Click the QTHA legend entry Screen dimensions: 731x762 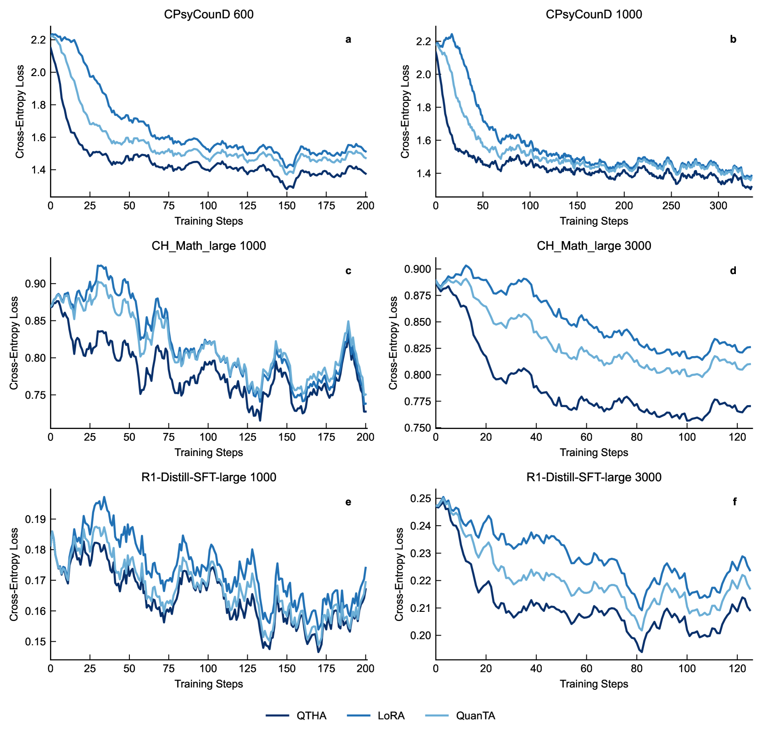[x=311, y=716]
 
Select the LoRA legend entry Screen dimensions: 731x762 [x=391, y=716]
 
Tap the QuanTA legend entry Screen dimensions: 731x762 [x=475, y=716]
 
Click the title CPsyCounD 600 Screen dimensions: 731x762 [x=209, y=14]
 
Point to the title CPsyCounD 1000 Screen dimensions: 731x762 [x=594, y=14]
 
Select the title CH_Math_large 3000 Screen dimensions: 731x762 [x=594, y=246]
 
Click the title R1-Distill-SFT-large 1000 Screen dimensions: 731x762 [x=209, y=477]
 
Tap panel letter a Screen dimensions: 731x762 [x=348, y=40]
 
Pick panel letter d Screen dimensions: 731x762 [x=733, y=271]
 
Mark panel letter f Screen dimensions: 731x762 [x=734, y=502]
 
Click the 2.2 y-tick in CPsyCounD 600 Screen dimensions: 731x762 [x=38, y=40]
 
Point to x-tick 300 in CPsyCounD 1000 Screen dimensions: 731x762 [x=718, y=206]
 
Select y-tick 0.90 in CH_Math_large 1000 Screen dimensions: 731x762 [x=35, y=284]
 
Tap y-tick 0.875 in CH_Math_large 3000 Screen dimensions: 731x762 [x=417, y=296]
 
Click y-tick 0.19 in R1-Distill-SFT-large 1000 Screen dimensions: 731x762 [x=35, y=519]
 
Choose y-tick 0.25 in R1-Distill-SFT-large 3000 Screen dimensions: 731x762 [x=421, y=499]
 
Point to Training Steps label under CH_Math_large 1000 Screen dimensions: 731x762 [x=209, y=452]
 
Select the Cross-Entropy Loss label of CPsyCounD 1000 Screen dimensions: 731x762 [x=405, y=111]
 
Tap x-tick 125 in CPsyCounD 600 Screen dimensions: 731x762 [x=248, y=206]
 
